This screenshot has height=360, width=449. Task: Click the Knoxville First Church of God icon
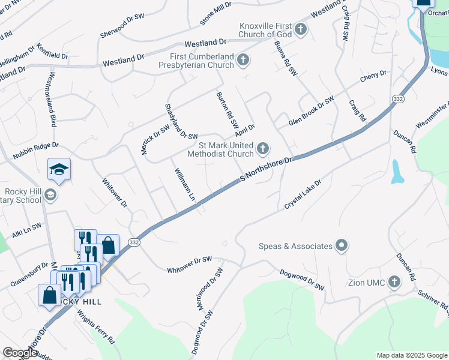300,29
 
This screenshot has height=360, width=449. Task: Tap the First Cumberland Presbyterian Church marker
243,59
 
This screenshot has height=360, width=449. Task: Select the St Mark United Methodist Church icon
262,148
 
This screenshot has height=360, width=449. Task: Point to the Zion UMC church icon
394,282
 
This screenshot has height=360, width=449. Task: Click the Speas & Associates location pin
342,245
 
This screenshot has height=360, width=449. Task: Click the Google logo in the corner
19,353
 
